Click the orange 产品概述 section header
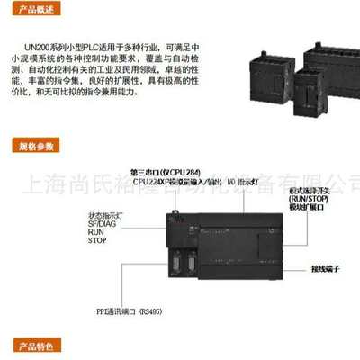[36, 10]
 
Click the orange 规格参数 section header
[36, 145]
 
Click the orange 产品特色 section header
[36, 346]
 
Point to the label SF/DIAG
[104, 224]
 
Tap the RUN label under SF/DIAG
[96, 232]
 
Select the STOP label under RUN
[98, 241]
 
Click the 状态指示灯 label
[105, 215]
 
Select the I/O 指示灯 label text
[242, 182]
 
